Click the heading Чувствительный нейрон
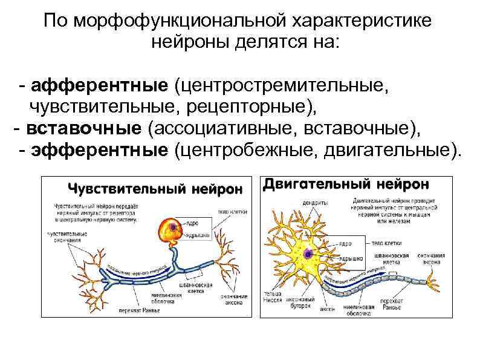pyautogui.click(x=154, y=188)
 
